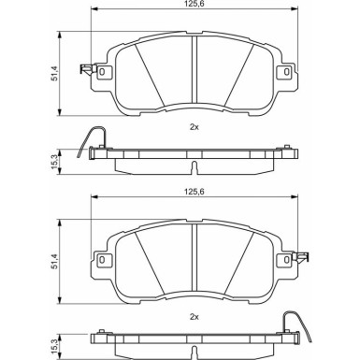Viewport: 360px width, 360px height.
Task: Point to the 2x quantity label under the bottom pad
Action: [194, 315]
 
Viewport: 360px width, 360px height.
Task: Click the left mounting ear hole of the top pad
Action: [103, 72]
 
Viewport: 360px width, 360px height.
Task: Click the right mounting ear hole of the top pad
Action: [282, 72]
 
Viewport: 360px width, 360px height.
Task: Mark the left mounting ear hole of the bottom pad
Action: [103, 259]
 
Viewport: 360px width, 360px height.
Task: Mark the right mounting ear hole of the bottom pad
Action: [282, 259]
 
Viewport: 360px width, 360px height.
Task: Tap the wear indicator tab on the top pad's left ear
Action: [85, 67]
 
